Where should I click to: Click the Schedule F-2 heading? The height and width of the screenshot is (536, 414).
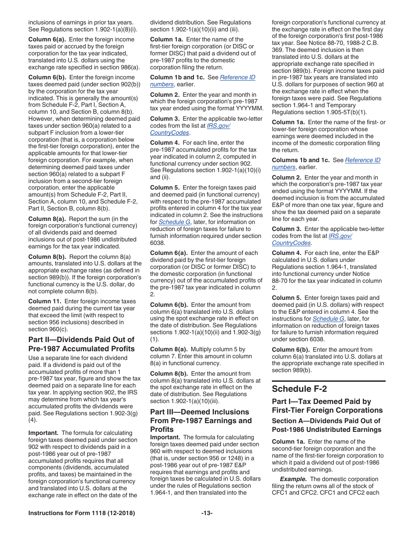pyautogui.click(x=299, y=389)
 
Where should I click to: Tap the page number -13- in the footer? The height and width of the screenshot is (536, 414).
pyautogui.click(x=207, y=513)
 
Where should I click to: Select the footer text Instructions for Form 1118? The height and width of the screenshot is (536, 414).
pyautogui.click(x=81, y=513)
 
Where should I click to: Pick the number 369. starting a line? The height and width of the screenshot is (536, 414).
pyautogui.click(x=278, y=50)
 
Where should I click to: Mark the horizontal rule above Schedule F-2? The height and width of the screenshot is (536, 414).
pyautogui.click(x=329, y=381)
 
